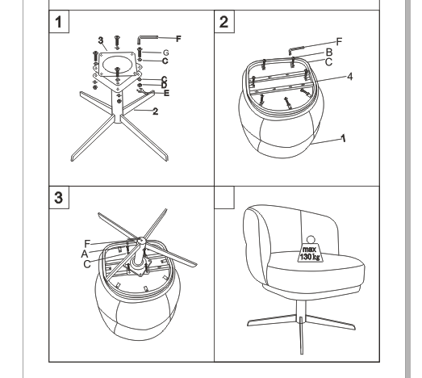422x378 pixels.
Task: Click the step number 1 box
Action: coord(59,22)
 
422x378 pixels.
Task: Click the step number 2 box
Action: coord(224,22)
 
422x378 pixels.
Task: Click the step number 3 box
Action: coord(59,198)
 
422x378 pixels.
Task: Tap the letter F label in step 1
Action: coord(178,39)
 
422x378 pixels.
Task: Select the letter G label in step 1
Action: coord(165,52)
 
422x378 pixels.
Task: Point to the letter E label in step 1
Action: coord(166,93)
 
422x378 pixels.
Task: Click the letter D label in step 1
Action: coord(164,86)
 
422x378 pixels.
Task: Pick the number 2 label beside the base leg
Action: coord(155,111)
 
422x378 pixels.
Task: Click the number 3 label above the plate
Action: coord(101,40)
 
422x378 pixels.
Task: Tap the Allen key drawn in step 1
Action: coord(148,38)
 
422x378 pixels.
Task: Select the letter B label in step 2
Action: coord(329,52)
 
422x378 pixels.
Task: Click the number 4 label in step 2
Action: coord(349,77)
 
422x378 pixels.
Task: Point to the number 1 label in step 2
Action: coord(343,138)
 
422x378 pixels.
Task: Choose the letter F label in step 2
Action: coord(339,42)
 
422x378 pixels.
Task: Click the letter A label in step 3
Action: coord(85,254)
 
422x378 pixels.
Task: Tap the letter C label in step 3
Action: coord(87,264)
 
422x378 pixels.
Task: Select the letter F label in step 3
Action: coord(87,244)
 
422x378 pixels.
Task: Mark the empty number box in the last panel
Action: coord(224,198)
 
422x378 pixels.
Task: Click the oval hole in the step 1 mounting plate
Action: coord(118,65)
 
